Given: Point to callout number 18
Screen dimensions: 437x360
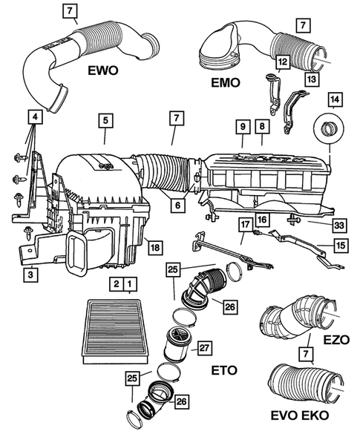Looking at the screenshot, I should coord(152,247).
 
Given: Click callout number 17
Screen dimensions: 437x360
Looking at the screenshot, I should coord(245,223).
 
